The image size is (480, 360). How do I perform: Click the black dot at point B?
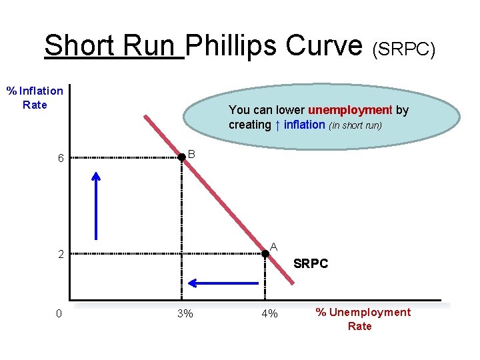pyautogui.click(x=181, y=157)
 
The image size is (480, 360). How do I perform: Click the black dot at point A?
pyautogui.click(x=265, y=253)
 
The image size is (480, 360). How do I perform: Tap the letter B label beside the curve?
pyautogui.click(x=191, y=154)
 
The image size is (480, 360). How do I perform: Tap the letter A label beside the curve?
pyautogui.click(x=273, y=247)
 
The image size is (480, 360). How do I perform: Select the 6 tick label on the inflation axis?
pyautogui.click(x=60, y=159)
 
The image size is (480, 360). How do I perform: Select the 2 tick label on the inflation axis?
pyautogui.click(x=60, y=254)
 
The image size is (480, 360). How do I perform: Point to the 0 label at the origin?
pyautogui.click(x=59, y=313)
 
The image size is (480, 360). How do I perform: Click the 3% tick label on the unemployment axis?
pyautogui.click(x=185, y=313)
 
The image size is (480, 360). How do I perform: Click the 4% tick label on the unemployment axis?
pyautogui.click(x=269, y=313)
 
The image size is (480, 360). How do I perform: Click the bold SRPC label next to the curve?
pyautogui.click(x=311, y=264)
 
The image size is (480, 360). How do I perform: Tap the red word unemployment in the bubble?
pyautogui.click(x=350, y=110)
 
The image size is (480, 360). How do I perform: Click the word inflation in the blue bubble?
pyautogui.click(x=303, y=125)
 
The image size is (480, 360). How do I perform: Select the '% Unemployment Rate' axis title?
pyautogui.click(x=363, y=319)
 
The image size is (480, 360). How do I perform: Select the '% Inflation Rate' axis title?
pyautogui.click(x=35, y=97)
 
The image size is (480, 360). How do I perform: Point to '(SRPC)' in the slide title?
pyautogui.click(x=404, y=49)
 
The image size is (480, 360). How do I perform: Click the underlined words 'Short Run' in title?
pyautogui.click(x=113, y=45)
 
